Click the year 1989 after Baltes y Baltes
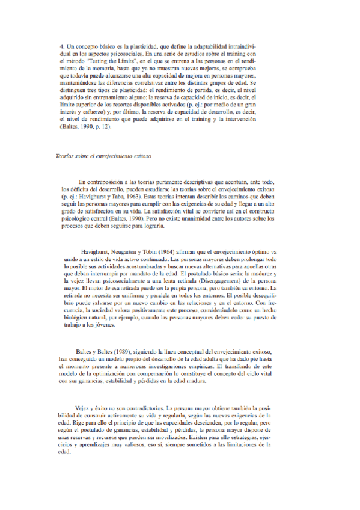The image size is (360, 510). click(x=138, y=351)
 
